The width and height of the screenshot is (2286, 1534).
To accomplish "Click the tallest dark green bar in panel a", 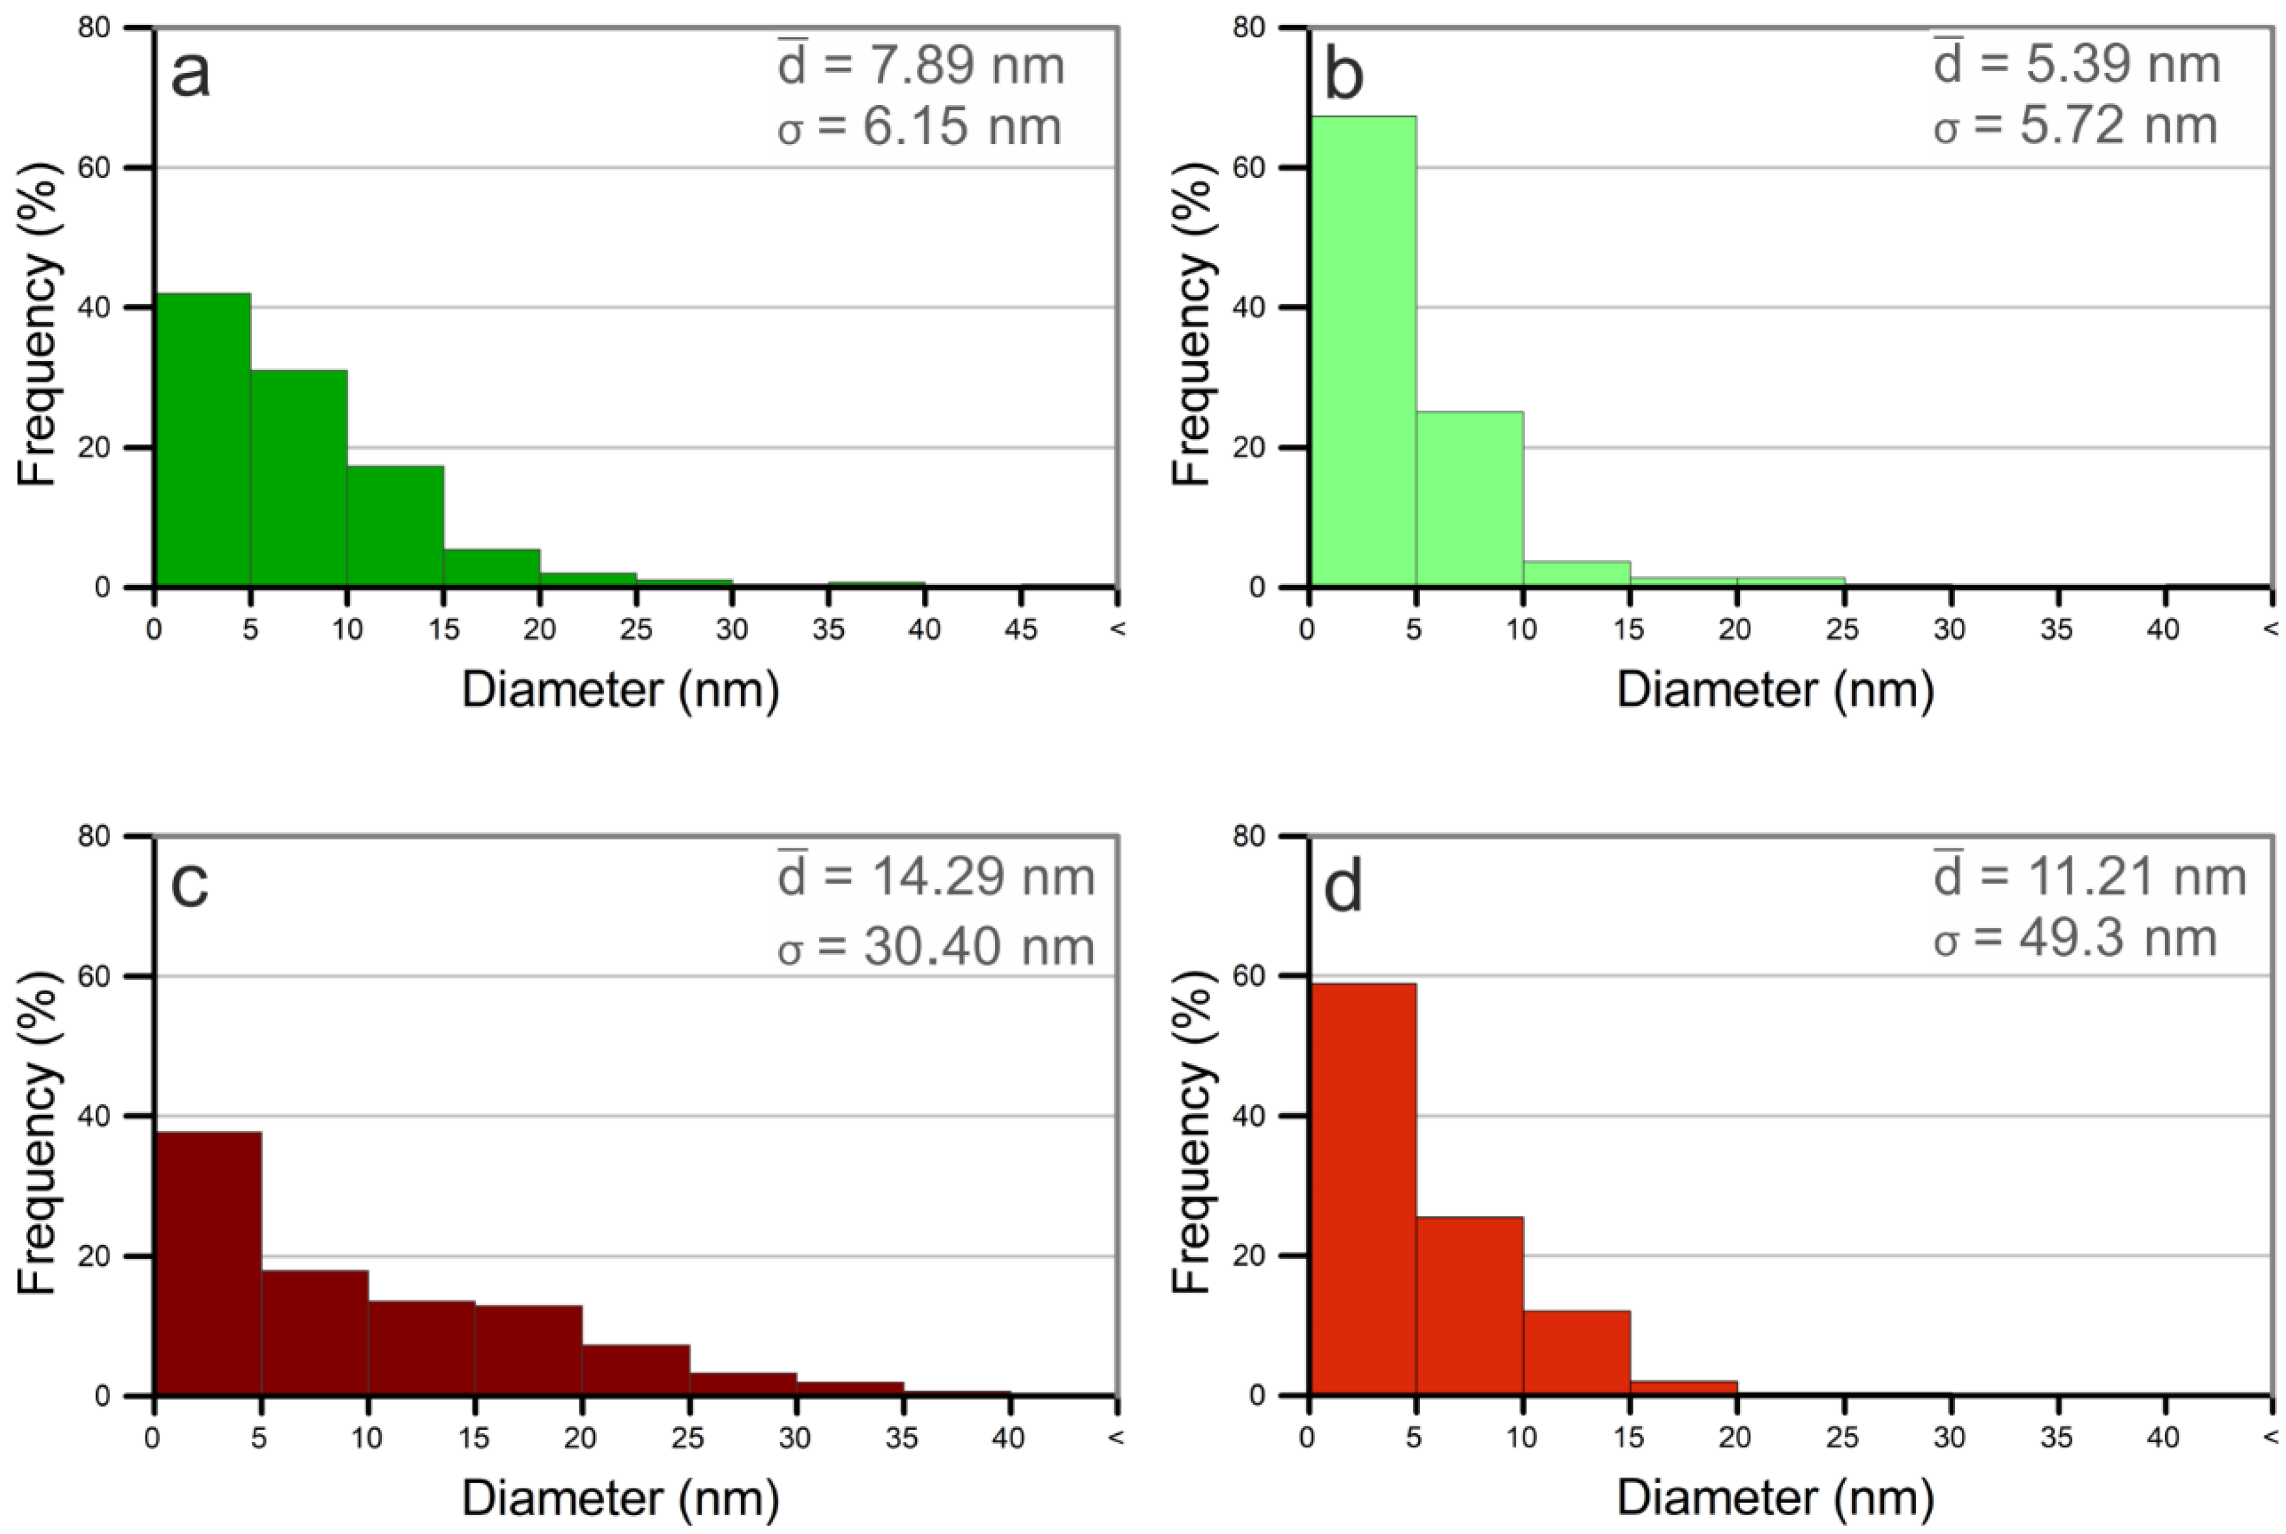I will [203, 440].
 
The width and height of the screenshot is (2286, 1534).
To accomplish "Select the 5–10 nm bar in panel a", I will [298, 479].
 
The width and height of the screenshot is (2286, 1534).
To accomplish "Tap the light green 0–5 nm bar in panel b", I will [1362, 352].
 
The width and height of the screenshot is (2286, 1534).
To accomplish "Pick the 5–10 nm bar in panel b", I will [1469, 499].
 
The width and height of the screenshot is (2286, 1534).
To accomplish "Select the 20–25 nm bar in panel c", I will [635, 1370].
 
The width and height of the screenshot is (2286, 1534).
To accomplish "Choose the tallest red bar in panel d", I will [1362, 1189].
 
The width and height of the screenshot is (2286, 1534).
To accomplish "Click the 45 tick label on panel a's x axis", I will [1020, 629].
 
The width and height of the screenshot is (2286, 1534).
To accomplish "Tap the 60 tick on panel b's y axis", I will [1249, 167].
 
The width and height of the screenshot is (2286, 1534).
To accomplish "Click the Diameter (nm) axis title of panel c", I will [620, 1498].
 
